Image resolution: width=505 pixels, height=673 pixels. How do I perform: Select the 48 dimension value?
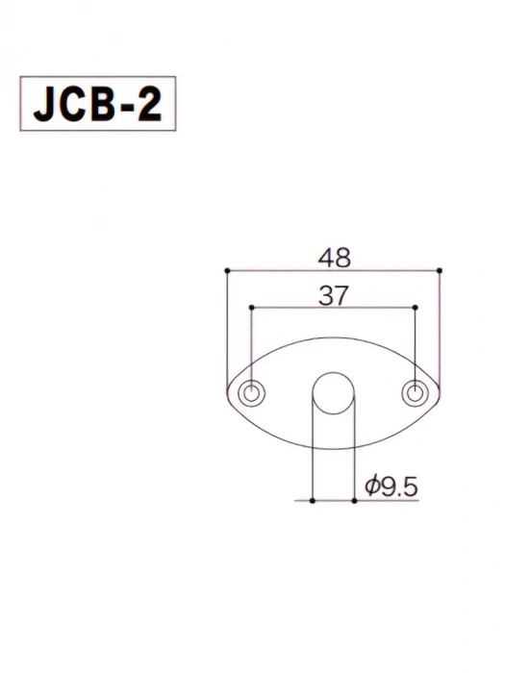pyautogui.click(x=333, y=257)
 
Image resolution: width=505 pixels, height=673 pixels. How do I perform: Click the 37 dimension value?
pyautogui.click(x=333, y=296)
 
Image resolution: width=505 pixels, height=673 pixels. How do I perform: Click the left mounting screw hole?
pyautogui.click(x=252, y=393)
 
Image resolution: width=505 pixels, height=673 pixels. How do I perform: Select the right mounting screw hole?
pyautogui.click(x=415, y=393)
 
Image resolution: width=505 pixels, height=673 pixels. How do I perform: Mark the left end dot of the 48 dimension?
pyautogui.click(x=227, y=270)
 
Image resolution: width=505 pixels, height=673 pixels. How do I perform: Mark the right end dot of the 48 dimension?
pyautogui.click(x=440, y=270)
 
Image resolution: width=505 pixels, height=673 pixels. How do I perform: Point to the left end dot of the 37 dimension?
pyautogui.click(x=252, y=308)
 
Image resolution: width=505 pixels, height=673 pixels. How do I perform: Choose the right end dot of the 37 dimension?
pyautogui.click(x=415, y=308)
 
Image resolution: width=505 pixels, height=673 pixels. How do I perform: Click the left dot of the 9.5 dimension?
pyautogui.click(x=313, y=501)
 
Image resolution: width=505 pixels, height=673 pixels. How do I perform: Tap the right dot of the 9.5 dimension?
pyautogui.click(x=354, y=501)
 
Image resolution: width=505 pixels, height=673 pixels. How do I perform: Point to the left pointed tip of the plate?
pyautogui.click(x=228, y=393)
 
